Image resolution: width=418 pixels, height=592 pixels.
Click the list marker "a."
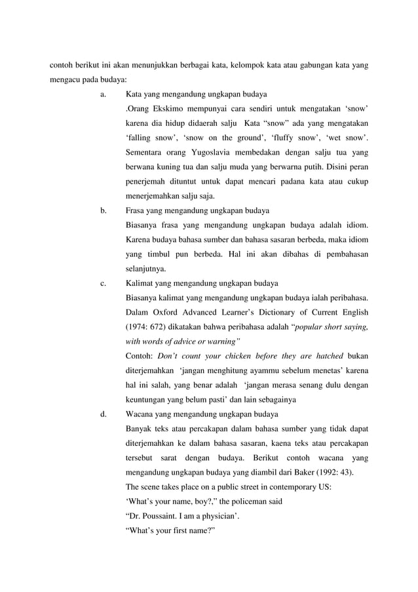(104, 94)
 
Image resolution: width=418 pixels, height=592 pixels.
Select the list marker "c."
(104, 283)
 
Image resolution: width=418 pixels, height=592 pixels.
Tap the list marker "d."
(104, 414)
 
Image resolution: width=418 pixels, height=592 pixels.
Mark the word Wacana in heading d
(140, 414)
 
